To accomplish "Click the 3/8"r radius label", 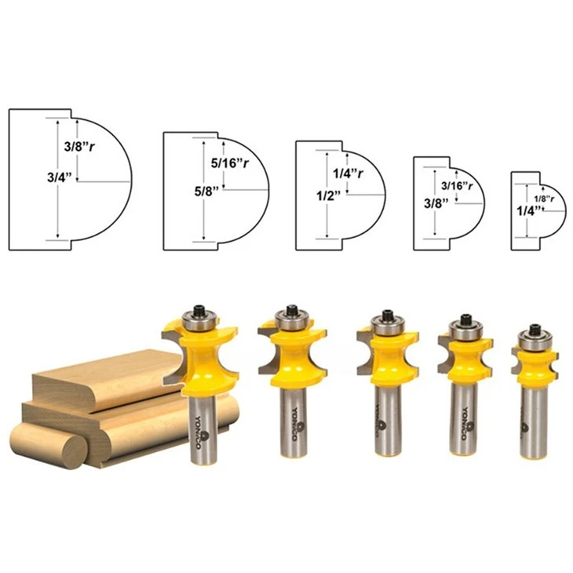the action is click(x=79, y=147).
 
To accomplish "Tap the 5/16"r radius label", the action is click(x=230, y=163).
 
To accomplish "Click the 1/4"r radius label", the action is click(x=349, y=173).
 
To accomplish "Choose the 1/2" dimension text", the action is click(x=328, y=196).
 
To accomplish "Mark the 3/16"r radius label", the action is click(x=457, y=186).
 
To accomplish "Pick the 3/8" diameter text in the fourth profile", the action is click(x=436, y=203).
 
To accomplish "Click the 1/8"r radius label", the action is click(x=544, y=199).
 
